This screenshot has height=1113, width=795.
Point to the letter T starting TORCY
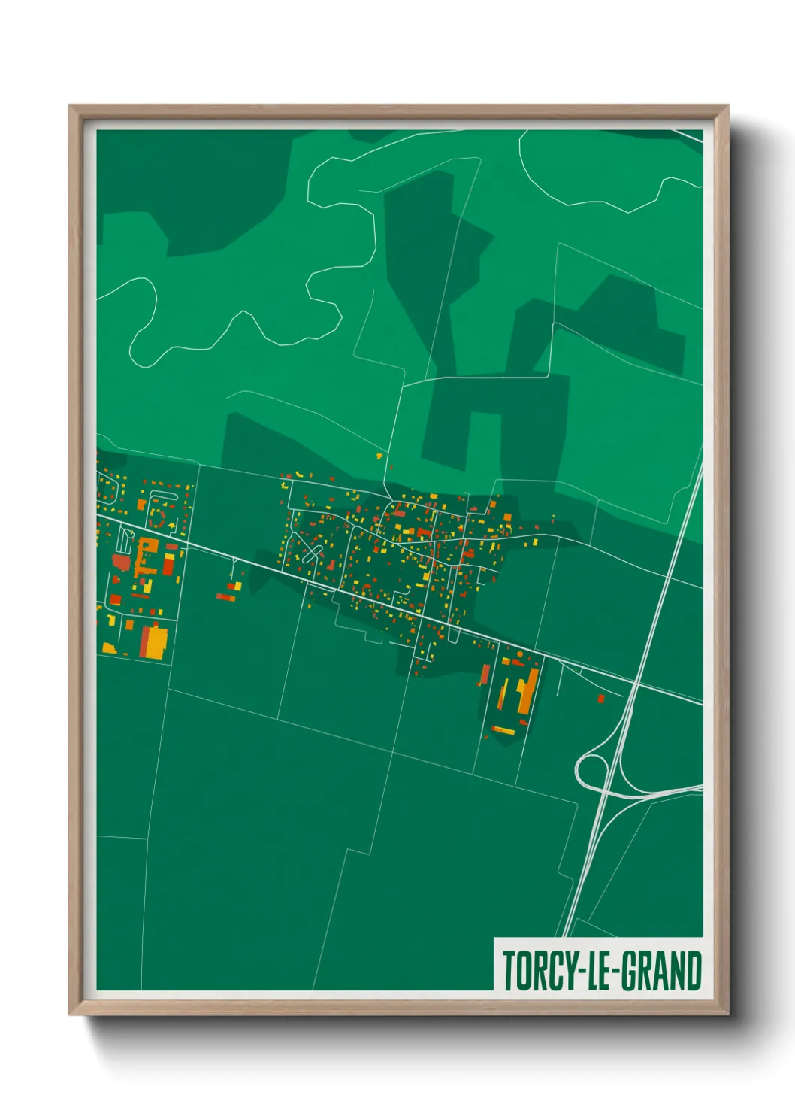tap(509, 971)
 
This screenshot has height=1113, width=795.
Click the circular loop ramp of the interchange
tap(591, 770)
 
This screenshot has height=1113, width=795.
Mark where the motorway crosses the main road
tap(635, 684)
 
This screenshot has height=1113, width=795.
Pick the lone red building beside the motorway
tap(600, 699)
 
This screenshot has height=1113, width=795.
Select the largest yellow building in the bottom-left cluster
tap(156, 641)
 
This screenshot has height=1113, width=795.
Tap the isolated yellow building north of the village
tap(379, 455)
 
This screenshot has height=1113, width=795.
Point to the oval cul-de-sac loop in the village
tap(311, 555)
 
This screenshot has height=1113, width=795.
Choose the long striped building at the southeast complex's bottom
tap(503, 729)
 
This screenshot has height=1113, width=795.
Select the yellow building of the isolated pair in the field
tap(237, 586)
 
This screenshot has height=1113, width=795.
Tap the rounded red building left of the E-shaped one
tap(121, 563)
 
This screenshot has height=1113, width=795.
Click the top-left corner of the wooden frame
tap(71, 107)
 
